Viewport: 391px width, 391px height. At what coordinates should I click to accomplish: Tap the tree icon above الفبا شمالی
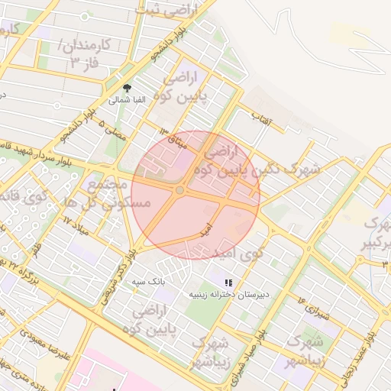[127, 88]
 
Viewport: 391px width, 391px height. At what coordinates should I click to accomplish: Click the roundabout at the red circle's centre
[179, 190]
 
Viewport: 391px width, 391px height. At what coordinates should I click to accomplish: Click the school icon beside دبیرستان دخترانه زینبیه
[228, 283]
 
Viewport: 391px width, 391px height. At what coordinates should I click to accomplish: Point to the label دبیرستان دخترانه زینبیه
[228, 293]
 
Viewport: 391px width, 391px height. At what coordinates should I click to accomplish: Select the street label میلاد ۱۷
[76, 225]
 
